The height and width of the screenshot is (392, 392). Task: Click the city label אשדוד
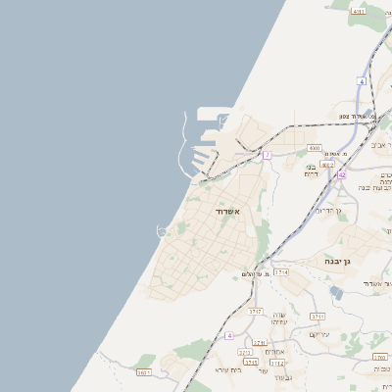[225, 211]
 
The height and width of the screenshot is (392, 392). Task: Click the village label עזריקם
[320, 334]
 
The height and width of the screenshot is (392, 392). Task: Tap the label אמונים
[274, 351]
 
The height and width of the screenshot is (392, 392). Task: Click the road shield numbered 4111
[358, 11]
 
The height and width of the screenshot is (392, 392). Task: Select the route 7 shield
[267, 155]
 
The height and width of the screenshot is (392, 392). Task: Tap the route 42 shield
[341, 174]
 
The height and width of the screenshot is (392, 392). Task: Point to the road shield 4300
[314, 148]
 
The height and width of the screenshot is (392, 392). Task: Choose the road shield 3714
[281, 271]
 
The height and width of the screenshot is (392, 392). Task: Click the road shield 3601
[144, 372]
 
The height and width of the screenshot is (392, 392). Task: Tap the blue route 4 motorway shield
[229, 335]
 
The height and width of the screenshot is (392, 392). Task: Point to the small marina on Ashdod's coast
[163, 231]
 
